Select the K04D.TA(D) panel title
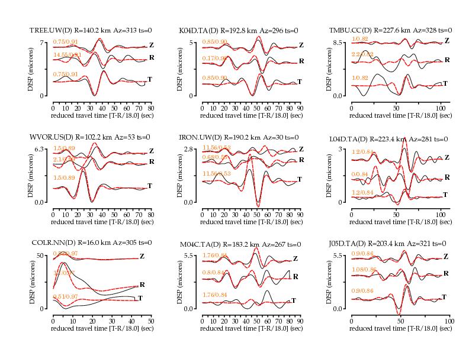coord(238,30)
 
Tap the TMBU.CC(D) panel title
coord(390,30)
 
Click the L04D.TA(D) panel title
coord(388,139)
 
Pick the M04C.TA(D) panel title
coord(240,244)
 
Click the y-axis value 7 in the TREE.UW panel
coord(43,43)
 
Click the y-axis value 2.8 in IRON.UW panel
coord(190,149)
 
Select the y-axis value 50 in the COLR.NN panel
coord(41,255)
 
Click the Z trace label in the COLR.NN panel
coord(142,256)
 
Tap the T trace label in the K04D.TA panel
coord(299,81)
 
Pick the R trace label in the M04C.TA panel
coord(295,276)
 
